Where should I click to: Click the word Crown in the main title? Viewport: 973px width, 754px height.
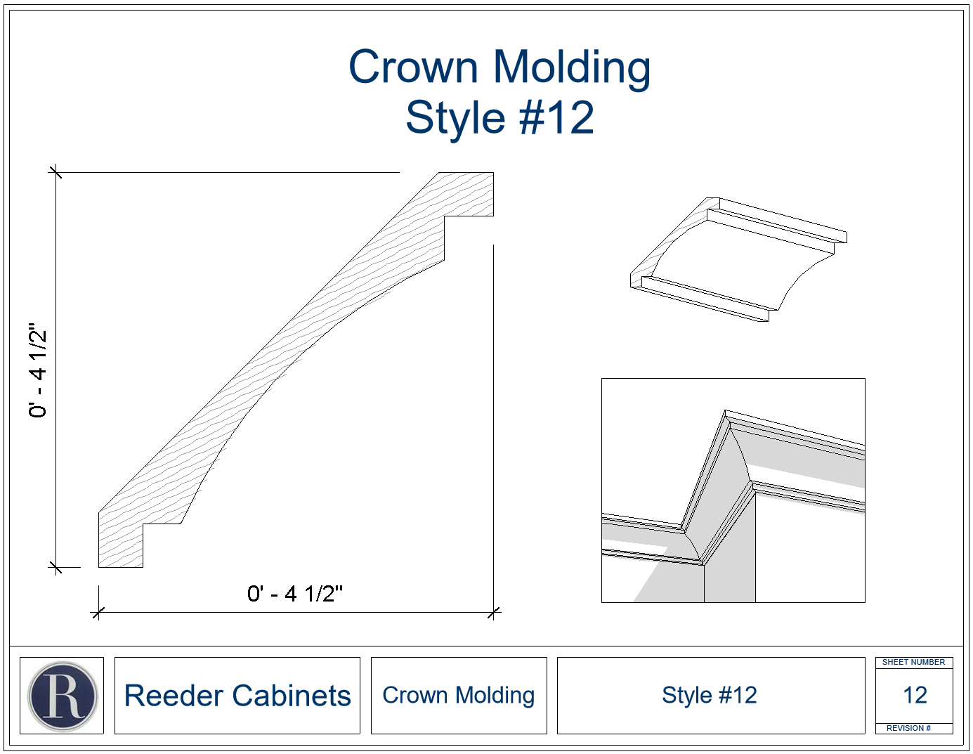[x=413, y=67]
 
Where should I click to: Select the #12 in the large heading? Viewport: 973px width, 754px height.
[x=556, y=117]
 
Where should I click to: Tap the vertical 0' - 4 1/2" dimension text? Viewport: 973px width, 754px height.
[x=38, y=370]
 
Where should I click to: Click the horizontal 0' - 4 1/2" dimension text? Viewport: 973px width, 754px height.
[x=294, y=594]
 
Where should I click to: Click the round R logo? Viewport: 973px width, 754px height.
[x=63, y=696]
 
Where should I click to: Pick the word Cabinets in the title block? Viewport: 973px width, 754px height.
[x=291, y=696]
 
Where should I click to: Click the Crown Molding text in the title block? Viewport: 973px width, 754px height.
[x=459, y=696]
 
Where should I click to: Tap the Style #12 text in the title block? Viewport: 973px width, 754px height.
[x=710, y=695]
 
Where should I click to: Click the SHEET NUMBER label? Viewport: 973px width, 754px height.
[x=913, y=662]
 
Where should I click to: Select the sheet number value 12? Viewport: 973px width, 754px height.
[x=915, y=696]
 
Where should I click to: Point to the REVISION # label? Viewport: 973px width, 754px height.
[x=908, y=728]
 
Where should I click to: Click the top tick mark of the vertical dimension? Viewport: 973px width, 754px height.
[x=55, y=172]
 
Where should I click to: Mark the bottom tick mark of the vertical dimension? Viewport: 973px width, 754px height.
[x=55, y=567]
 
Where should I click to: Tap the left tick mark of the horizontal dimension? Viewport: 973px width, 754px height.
[x=98, y=612]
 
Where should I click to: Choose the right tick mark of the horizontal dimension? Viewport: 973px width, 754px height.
[x=493, y=612]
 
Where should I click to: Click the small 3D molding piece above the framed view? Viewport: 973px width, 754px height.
[x=738, y=259]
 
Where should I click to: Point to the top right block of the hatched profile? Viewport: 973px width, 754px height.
[x=469, y=195]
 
